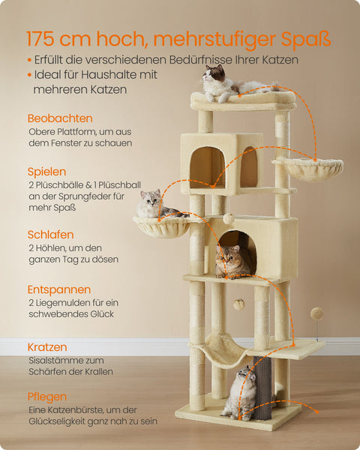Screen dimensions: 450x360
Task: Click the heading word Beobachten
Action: (x=60, y=118)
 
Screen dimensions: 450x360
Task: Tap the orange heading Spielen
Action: (x=46, y=172)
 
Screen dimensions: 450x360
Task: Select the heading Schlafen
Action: (x=50, y=235)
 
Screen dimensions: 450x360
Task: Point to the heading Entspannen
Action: (x=59, y=289)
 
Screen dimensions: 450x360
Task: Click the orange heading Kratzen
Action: (x=47, y=347)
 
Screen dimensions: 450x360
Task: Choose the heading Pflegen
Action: (x=46, y=396)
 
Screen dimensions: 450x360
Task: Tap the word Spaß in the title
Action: (x=305, y=38)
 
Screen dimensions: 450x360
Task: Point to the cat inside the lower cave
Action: (x=233, y=260)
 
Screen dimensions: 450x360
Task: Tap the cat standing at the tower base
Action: (x=240, y=392)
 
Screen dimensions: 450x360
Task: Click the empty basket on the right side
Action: (x=307, y=169)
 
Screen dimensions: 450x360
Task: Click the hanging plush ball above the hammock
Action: (x=238, y=304)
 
